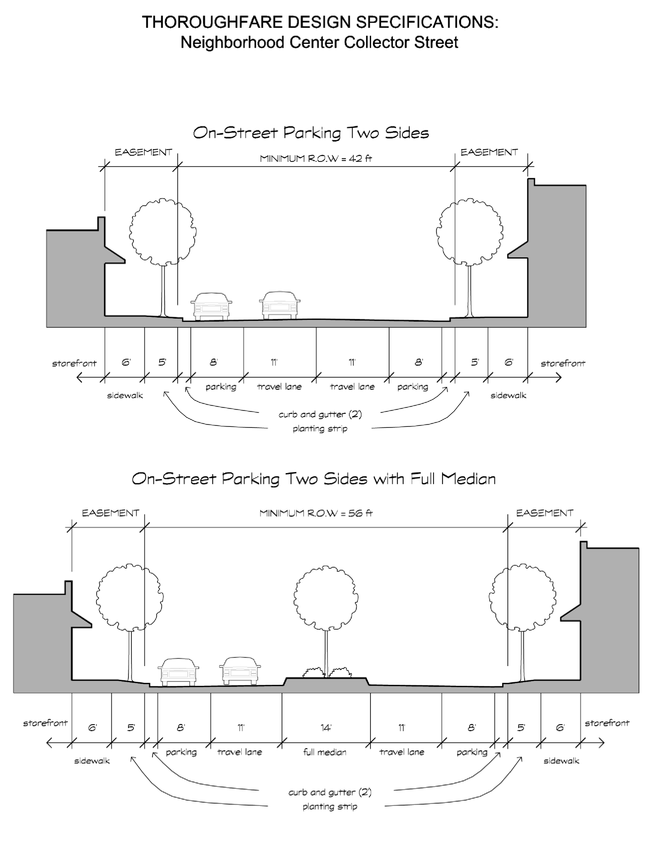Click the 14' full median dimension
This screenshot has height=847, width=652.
pos(325,728)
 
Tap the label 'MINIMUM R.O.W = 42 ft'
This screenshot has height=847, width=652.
pos(316,158)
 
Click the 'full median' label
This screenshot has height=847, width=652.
pos(325,753)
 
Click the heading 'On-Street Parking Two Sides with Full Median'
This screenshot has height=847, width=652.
pos(313,479)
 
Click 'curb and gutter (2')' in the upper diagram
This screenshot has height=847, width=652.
pos(320,414)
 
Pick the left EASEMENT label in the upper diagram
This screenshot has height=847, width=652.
pos(143,152)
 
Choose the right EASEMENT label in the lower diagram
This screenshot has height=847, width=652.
pos(544,513)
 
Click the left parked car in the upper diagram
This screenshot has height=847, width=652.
pos(211,306)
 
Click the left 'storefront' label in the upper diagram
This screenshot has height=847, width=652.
pos(74,364)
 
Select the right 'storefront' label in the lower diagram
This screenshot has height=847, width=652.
pos(607,723)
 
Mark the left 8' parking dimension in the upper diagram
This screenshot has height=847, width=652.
pos(214,362)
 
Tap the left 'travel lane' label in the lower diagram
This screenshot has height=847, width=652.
pos(239,753)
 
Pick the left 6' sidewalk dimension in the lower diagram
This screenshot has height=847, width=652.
pos(92,728)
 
